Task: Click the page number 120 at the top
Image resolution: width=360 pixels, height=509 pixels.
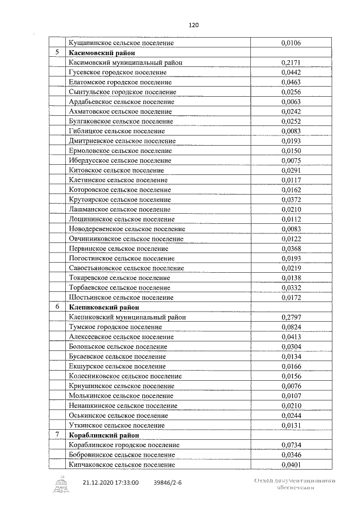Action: (x=194, y=25)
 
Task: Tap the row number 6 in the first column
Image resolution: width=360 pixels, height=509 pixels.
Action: (x=57, y=307)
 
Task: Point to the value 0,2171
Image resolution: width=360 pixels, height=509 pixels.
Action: (x=291, y=62)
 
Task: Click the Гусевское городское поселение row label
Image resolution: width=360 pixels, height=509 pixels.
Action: (x=117, y=72)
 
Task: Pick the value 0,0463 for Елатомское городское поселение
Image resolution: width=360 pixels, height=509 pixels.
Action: (x=291, y=82)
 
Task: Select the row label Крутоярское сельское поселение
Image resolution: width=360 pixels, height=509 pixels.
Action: (x=120, y=200)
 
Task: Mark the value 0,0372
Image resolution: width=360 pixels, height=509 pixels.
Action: (x=291, y=200)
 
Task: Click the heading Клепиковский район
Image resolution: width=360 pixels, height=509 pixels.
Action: (x=103, y=308)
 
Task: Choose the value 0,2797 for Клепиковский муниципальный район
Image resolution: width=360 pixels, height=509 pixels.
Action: (x=291, y=317)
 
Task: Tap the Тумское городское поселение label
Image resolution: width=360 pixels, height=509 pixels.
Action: (x=115, y=327)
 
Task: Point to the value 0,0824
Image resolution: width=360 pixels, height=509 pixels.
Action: (x=291, y=327)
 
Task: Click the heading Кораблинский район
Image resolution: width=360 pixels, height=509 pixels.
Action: (x=103, y=435)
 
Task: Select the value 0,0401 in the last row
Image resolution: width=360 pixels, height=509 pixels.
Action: (x=291, y=465)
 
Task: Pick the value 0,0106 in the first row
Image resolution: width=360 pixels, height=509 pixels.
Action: (x=291, y=43)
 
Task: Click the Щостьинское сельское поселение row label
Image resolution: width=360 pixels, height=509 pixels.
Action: (x=121, y=298)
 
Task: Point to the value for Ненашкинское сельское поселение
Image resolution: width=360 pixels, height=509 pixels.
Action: (x=291, y=406)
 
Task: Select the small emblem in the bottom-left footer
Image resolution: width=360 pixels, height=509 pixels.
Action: (x=60, y=483)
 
